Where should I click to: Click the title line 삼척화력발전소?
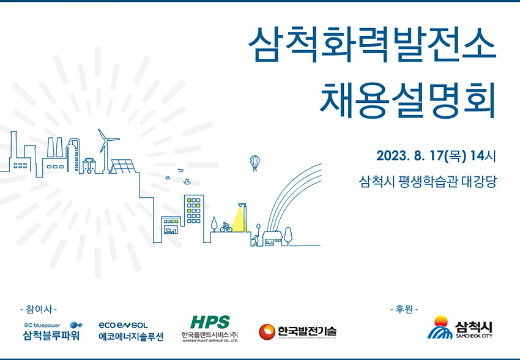372,45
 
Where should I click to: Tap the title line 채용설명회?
407,100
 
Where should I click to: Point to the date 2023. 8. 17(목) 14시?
436,156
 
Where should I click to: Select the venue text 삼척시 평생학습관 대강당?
428,181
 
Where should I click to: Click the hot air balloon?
254,163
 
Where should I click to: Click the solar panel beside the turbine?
123,167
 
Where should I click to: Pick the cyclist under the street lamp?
226,227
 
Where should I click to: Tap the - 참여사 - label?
39,310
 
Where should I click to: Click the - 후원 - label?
404,310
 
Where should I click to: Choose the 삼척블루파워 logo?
53,331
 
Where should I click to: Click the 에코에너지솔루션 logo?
131,331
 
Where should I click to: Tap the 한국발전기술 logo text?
307,331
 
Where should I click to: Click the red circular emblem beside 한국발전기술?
267,332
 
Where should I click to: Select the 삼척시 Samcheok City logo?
459,328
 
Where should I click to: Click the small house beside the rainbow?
272,239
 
